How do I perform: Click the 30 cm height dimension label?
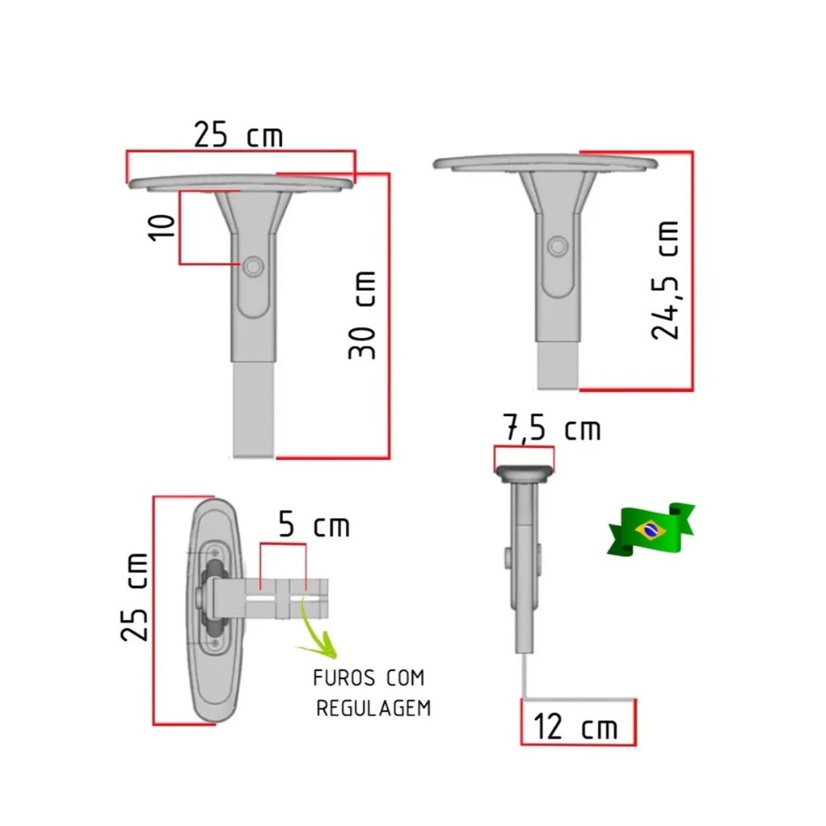[362, 315]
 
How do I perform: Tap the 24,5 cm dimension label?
[665, 280]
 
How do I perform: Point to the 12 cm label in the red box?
[575, 727]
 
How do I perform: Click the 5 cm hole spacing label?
[314, 524]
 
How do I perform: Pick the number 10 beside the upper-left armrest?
[161, 227]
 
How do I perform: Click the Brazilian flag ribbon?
[651, 529]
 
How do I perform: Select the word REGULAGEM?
[373, 708]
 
